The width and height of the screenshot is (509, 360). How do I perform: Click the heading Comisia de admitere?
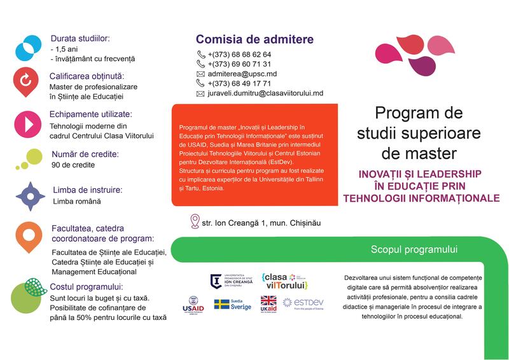pyautogui.click(x=254, y=39)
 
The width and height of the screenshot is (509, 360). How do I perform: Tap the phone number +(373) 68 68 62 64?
pyautogui.click(x=239, y=55)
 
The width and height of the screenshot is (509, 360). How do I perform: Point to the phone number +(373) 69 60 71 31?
pyautogui.click(x=239, y=64)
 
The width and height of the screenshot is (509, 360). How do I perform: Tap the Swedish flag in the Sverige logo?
pyautogui.click(x=222, y=305)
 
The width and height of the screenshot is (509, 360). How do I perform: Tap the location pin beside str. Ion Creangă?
pyautogui.click(x=195, y=221)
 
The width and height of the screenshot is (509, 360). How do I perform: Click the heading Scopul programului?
pyautogui.click(x=414, y=250)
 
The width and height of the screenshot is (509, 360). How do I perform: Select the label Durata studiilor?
pyautogui.click(x=80, y=38)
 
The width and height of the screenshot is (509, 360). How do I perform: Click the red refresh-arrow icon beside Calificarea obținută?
pyautogui.click(x=26, y=81)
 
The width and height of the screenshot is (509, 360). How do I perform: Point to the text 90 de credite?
pyautogui.click(x=73, y=165)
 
